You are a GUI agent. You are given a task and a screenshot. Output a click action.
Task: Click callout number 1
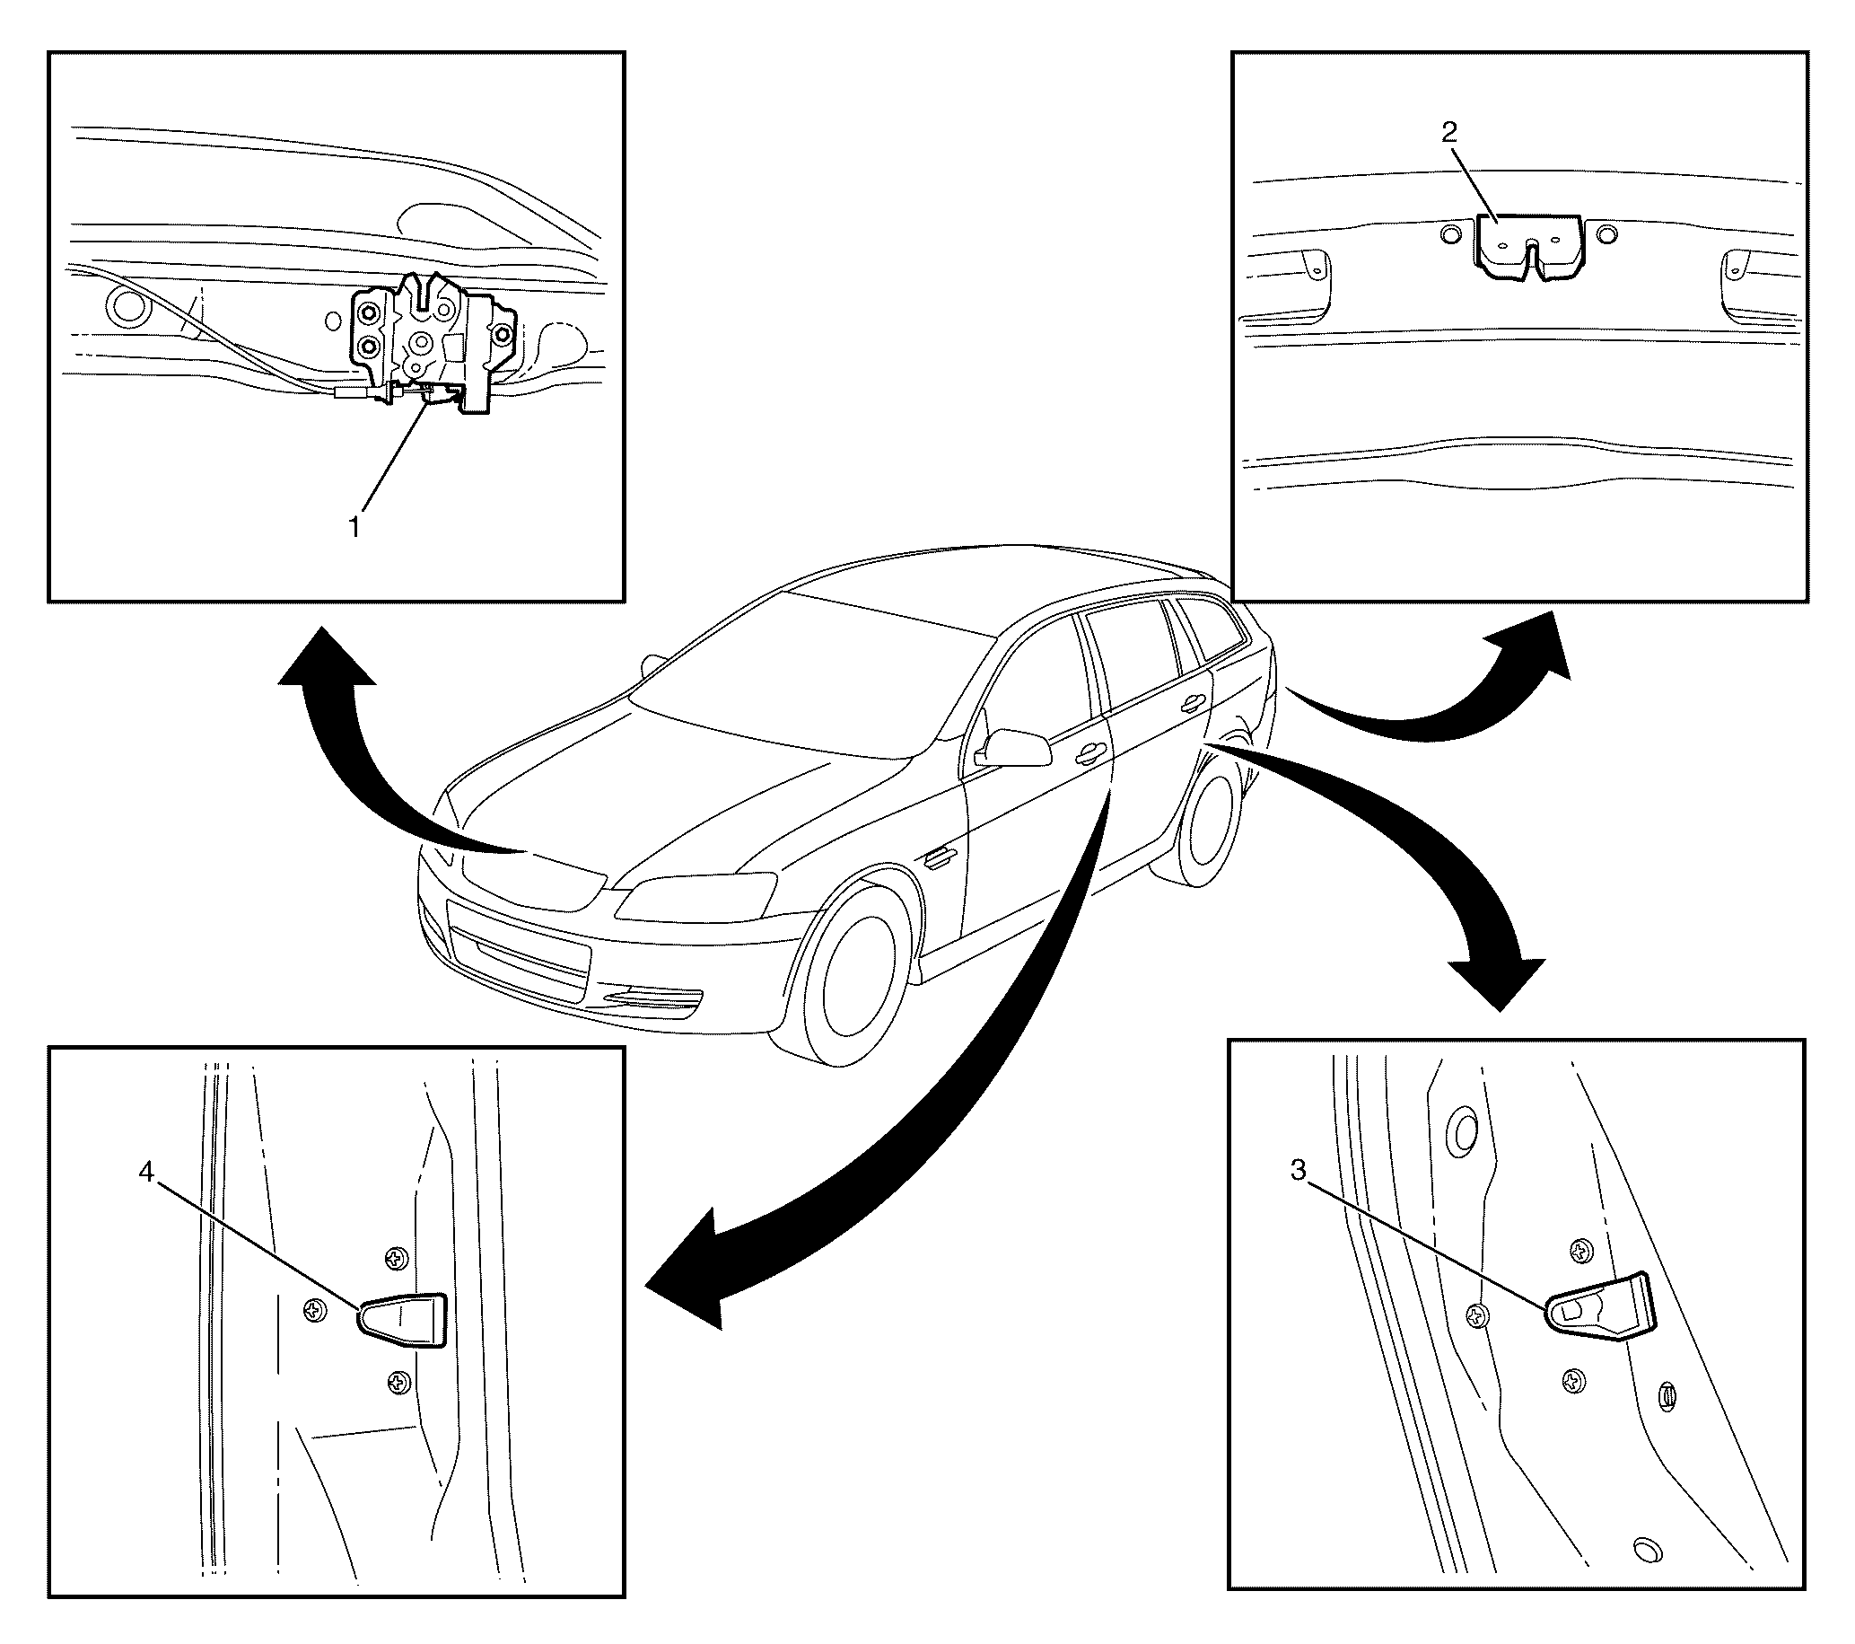[355, 525]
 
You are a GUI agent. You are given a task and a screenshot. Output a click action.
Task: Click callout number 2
[1449, 133]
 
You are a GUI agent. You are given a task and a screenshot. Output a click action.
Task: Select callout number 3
[1299, 1171]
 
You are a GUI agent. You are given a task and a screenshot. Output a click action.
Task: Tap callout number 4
[146, 1172]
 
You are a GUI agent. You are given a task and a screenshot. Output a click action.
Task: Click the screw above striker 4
[397, 1258]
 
